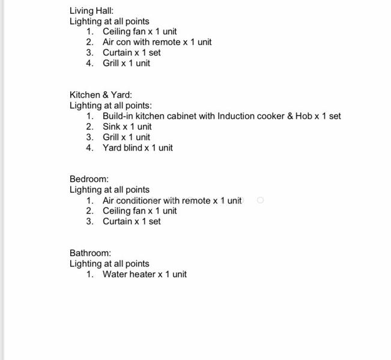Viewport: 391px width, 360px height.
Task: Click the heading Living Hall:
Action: tap(91, 11)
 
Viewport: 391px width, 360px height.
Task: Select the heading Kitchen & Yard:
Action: tap(100, 95)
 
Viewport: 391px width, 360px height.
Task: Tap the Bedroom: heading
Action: tap(89, 179)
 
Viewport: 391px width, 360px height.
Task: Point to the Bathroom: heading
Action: tap(90, 253)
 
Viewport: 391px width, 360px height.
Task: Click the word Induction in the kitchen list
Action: tap(235, 116)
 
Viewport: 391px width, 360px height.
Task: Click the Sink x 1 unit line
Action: tap(127, 127)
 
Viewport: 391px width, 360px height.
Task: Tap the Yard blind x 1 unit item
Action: tap(137, 148)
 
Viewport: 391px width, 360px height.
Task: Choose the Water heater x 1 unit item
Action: tap(144, 274)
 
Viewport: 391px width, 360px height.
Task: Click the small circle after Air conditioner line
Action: tap(260, 200)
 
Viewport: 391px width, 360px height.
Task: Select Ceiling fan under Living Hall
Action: tap(124, 31)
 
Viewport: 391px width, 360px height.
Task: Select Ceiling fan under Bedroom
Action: tap(124, 211)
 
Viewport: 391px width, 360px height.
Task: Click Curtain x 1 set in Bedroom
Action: tap(132, 221)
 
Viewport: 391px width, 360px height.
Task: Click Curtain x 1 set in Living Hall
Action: tap(132, 52)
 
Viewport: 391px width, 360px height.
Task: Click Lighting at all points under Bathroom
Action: tap(109, 263)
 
